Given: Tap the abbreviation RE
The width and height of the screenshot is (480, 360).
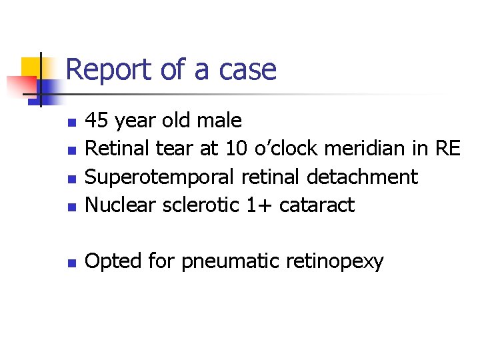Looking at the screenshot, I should click(x=446, y=149).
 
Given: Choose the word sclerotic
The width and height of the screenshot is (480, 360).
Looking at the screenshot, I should click(x=201, y=205).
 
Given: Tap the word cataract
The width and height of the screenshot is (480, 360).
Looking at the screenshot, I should click(x=317, y=205).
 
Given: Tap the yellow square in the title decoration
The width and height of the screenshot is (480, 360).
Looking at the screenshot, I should click(x=29, y=67).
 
